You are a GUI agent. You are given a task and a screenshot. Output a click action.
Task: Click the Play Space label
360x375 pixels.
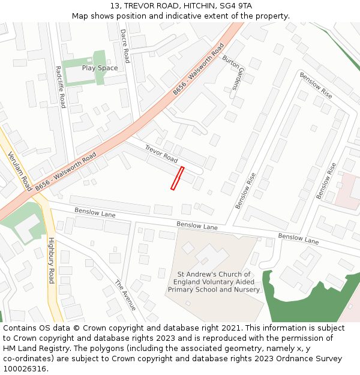(x=100, y=68)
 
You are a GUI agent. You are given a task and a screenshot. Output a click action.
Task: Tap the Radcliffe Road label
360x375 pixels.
(x=59, y=87)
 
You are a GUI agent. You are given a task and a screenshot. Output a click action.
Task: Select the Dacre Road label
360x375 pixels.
(x=124, y=46)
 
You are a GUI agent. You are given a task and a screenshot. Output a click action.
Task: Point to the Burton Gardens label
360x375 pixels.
(x=235, y=72)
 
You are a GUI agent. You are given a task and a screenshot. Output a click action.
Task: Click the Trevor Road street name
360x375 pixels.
(x=161, y=154)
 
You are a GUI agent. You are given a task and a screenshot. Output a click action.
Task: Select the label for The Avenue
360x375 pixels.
(x=125, y=295)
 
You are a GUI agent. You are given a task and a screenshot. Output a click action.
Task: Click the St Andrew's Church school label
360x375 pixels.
(x=214, y=282)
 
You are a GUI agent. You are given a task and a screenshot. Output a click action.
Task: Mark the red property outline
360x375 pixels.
(x=177, y=178)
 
